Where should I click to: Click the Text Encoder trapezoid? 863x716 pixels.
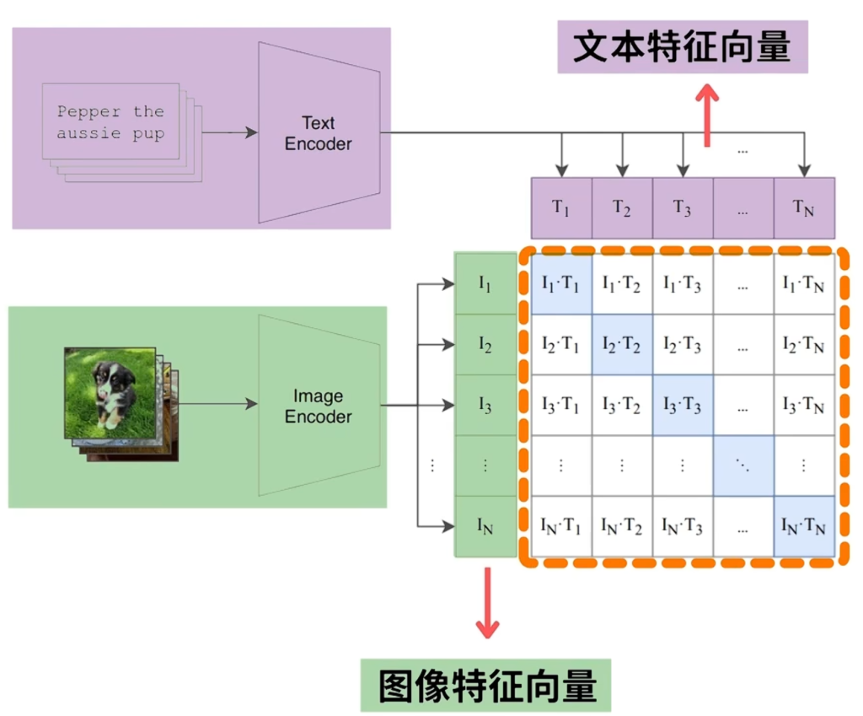pyautogui.click(x=319, y=132)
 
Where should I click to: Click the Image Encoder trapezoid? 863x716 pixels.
pyautogui.click(x=319, y=406)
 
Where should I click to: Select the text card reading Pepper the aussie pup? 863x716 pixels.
pyautogui.click(x=110, y=121)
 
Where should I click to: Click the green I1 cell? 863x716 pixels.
pyautogui.click(x=485, y=284)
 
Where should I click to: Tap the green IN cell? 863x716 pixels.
pyautogui.click(x=485, y=527)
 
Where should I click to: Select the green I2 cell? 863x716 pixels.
pyautogui.click(x=485, y=345)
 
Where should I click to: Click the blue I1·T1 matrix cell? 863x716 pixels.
pyautogui.click(x=561, y=284)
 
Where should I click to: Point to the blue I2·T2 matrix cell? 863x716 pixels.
pyautogui.click(x=622, y=345)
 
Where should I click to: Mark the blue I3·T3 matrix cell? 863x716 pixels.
pyautogui.click(x=683, y=406)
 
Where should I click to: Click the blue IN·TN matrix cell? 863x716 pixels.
pyautogui.click(x=804, y=527)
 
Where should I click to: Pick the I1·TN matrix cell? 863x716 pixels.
pyautogui.click(x=804, y=284)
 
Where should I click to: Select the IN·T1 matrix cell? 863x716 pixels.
pyautogui.click(x=561, y=527)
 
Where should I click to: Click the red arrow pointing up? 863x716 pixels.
pyautogui.click(x=708, y=115)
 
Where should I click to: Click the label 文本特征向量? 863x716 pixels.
pyautogui.click(x=683, y=48)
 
